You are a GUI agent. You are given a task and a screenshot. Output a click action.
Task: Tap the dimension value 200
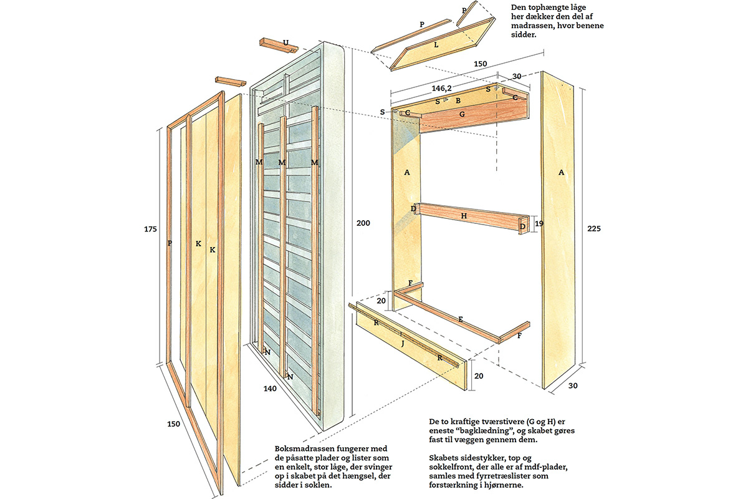pos(363,223)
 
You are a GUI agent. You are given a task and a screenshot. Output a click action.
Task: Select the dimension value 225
pos(595,228)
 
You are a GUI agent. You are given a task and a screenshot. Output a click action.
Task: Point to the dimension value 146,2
pos(440,89)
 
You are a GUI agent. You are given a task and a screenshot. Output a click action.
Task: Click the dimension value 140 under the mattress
pos(270,389)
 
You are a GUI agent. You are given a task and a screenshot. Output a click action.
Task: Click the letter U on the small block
pos(285,43)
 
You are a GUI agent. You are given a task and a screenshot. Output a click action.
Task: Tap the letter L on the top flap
pos(436,46)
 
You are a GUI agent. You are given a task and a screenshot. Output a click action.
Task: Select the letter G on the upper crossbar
pos(462,114)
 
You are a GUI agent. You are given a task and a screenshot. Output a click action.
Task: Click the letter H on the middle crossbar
pos(464,215)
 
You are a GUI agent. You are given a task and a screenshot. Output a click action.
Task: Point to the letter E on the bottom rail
pos(460,319)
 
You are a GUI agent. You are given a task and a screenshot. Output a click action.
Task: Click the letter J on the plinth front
pos(402,342)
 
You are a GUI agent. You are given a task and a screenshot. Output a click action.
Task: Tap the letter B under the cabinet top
pos(458,100)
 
